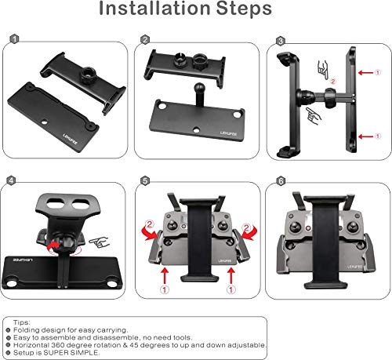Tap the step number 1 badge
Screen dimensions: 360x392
tap(13, 39)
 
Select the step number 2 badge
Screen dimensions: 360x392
tap(145, 39)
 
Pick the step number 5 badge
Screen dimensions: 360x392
tap(145, 180)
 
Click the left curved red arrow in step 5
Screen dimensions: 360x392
tap(154, 229)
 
